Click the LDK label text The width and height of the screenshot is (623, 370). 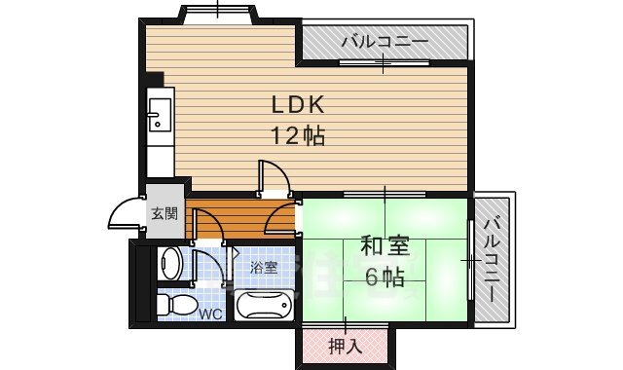pos(290,104)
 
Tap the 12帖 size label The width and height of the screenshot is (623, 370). pos(290,135)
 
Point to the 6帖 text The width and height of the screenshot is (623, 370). pos(385,277)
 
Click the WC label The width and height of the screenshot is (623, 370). pos(211,314)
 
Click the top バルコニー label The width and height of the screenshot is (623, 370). pos(385,43)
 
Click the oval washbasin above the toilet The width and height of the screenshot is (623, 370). pos(170,264)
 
